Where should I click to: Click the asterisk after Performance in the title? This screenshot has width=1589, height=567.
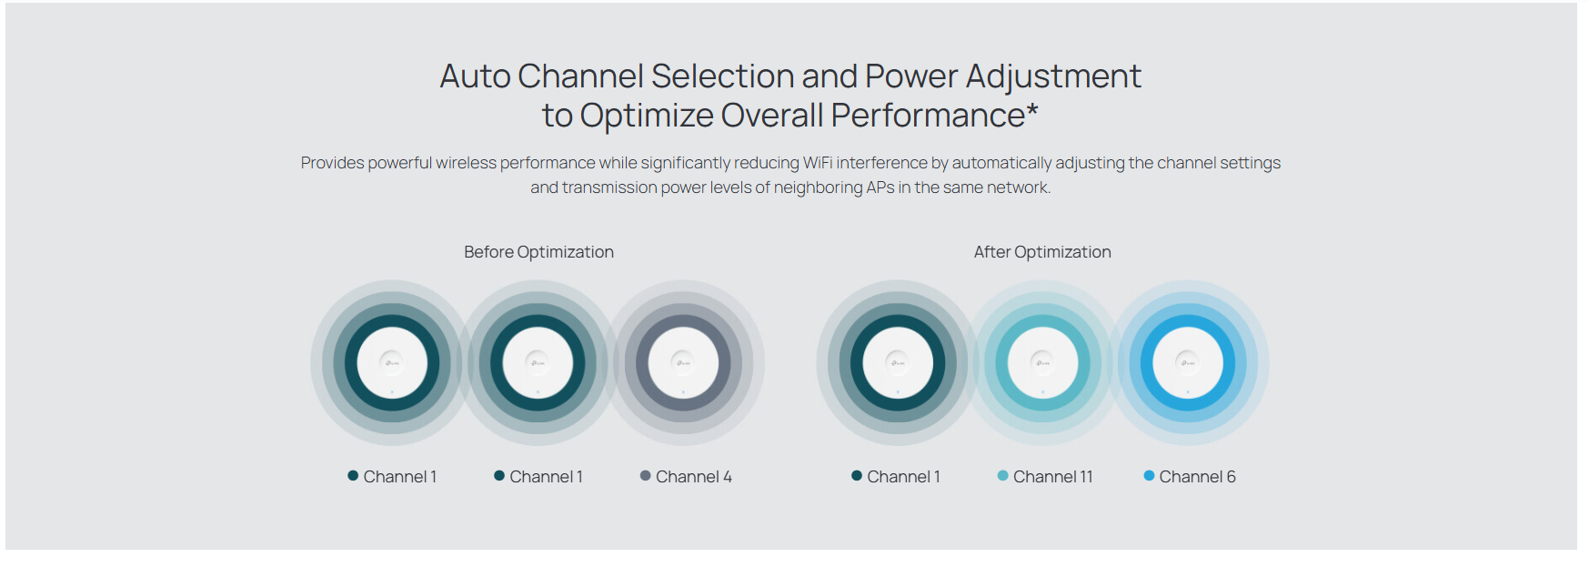click(1032, 109)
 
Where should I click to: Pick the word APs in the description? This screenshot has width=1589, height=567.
click(880, 187)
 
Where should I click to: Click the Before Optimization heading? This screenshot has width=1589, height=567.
click(538, 252)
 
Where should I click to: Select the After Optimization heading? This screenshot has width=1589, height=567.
click(1042, 252)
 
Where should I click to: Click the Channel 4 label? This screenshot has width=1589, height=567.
click(694, 477)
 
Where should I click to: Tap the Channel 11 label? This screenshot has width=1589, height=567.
click(1053, 477)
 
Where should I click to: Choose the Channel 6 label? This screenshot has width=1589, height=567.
click(1197, 477)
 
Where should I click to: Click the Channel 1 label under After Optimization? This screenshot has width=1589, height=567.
click(904, 477)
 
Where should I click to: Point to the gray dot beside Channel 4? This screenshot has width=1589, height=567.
click(646, 476)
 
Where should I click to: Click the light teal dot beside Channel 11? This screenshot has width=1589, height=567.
click(1003, 476)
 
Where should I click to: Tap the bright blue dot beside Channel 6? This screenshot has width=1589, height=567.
click(1149, 476)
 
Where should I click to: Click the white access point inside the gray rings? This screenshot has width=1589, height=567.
click(683, 363)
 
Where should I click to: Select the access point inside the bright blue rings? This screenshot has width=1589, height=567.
click(1188, 363)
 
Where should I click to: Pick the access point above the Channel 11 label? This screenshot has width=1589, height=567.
click(1042, 363)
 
